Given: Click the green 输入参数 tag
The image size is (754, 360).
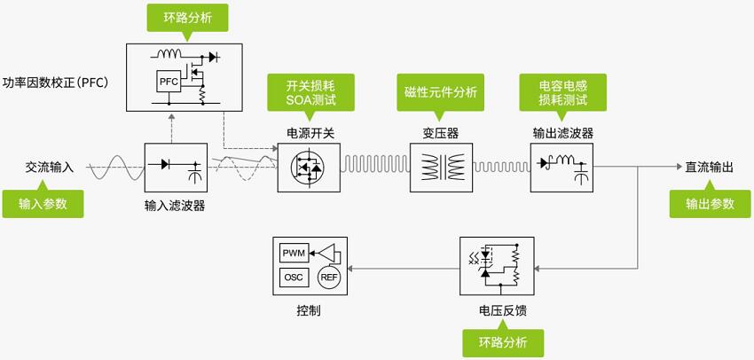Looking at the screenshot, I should click(x=43, y=203).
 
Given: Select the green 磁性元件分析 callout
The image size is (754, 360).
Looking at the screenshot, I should click(x=440, y=92).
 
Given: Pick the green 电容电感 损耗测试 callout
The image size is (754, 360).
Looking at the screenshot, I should click(x=562, y=92).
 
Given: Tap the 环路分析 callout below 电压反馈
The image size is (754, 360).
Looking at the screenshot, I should click(x=502, y=341).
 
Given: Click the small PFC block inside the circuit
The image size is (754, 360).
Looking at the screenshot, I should click(x=169, y=82).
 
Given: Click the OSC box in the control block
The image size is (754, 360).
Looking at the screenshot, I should click(x=294, y=278).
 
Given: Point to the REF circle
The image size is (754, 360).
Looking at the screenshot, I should click(x=328, y=278).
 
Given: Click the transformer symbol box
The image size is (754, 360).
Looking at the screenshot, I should click(x=440, y=167).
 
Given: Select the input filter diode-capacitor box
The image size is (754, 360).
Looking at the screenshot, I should click(x=175, y=167).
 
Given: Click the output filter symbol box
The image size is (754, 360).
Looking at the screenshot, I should click(x=562, y=167).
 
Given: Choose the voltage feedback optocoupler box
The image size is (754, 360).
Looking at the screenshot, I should click(x=497, y=266).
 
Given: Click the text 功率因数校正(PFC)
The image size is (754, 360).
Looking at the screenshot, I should click(x=54, y=83).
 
